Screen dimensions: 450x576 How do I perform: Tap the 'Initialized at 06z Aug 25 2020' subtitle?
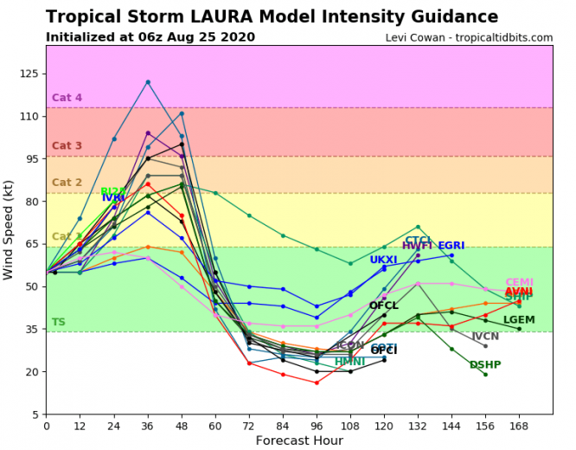(x=150, y=37)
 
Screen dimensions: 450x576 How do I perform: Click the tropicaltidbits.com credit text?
(x=469, y=38)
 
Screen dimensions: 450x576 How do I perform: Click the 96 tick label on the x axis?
(x=317, y=424)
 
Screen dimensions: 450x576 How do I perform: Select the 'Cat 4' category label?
(x=67, y=98)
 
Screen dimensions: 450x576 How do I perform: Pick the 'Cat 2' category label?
(x=67, y=183)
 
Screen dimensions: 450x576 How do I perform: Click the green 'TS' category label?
(x=58, y=323)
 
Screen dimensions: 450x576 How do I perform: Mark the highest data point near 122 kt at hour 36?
(x=148, y=82)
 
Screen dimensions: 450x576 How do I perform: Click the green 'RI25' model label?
(x=113, y=192)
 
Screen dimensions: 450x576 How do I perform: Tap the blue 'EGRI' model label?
(x=451, y=247)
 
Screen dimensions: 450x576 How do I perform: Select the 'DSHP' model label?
(x=485, y=365)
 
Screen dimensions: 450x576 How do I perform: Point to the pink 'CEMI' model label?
(x=519, y=283)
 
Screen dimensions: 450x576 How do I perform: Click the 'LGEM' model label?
(x=519, y=320)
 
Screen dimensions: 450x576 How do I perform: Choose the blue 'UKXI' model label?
(x=383, y=260)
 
